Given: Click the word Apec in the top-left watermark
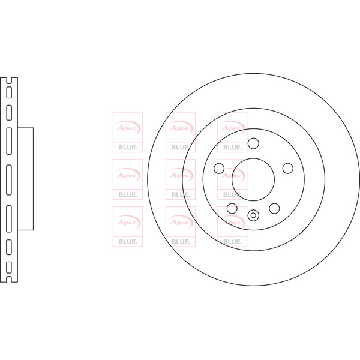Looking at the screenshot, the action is pyautogui.click(x=127, y=128).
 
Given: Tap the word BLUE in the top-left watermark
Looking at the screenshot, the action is pyautogui.click(x=128, y=148).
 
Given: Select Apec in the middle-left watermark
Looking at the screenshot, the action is pyautogui.click(x=127, y=175).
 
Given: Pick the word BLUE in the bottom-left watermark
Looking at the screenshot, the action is pyautogui.click(x=128, y=242).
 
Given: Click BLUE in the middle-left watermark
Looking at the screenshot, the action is pyautogui.click(x=128, y=194).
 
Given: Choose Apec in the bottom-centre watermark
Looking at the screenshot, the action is pyautogui.click(x=180, y=223).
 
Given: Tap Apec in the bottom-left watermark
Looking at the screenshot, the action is pyautogui.click(x=127, y=223).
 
